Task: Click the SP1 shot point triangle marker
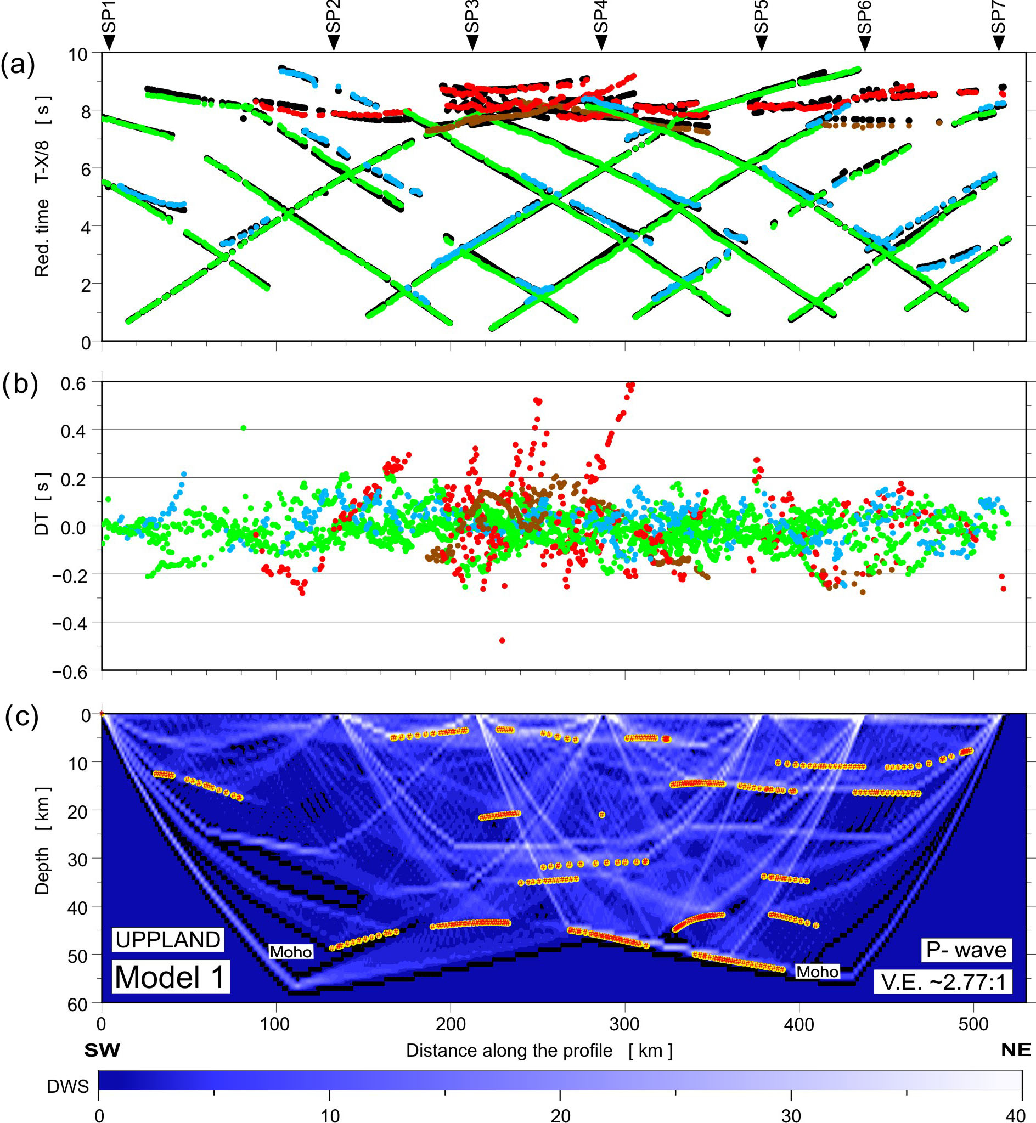click(x=109, y=43)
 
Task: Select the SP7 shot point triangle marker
click(x=999, y=43)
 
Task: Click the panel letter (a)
click(x=18, y=64)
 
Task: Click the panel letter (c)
click(x=21, y=716)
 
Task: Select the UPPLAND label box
click(x=167, y=940)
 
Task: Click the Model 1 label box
click(x=171, y=977)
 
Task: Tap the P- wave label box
click(x=966, y=950)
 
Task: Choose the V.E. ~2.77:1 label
click(x=943, y=983)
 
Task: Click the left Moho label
click(x=290, y=951)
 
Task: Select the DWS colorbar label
click(x=68, y=1087)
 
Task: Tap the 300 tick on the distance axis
click(x=624, y=1024)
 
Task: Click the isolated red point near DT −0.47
click(x=502, y=641)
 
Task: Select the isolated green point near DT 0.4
click(x=243, y=428)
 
